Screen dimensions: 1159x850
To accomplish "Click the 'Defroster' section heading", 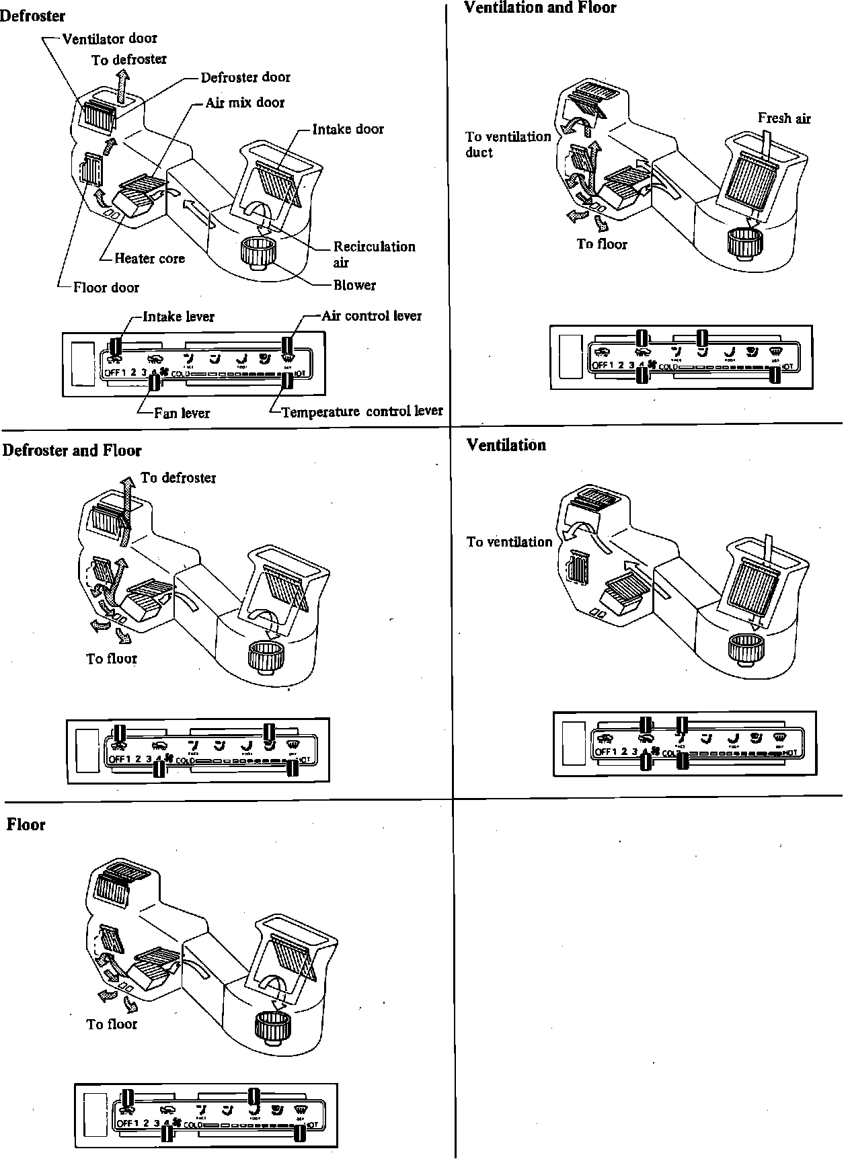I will (x=32, y=15).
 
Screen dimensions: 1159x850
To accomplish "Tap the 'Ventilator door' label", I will (x=110, y=38).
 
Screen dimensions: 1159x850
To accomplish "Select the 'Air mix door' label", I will (x=245, y=102).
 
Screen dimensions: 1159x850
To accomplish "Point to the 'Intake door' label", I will (x=348, y=128).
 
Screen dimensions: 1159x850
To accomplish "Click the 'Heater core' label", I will (x=149, y=258).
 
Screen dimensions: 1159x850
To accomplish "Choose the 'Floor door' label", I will (x=106, y=287).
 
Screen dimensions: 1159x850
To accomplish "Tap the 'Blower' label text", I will (x=354, y=284).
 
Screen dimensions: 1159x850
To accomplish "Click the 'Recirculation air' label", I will (x=374, y=253).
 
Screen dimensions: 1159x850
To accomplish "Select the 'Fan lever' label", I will (x=182, y=413).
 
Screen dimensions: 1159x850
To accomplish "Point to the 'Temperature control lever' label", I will (x=362, y=411).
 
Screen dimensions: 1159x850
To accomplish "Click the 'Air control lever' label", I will (x=371, y=315).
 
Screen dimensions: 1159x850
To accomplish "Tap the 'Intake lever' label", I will (x=178, y=316).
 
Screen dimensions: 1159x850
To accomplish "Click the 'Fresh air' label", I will (x=784, y=118).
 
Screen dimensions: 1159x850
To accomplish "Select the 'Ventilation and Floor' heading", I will (x=540, y=8).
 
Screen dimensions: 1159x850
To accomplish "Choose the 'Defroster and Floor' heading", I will (x=72, y=450).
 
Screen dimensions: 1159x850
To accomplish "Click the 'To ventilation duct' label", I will (x=508, y=144).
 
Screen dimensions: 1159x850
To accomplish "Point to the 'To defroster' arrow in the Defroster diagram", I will (x=122, y=88).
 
